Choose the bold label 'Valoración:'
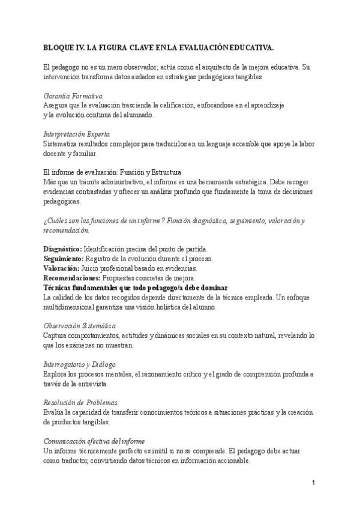tap(62, 268)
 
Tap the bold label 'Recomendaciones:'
tap(73, 278)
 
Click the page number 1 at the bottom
tap(314, 483)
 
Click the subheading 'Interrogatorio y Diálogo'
tap(80, 364)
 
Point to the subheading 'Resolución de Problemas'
tap(80, 402)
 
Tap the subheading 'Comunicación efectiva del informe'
tap(94, 441)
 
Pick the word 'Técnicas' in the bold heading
tap(59, 288)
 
